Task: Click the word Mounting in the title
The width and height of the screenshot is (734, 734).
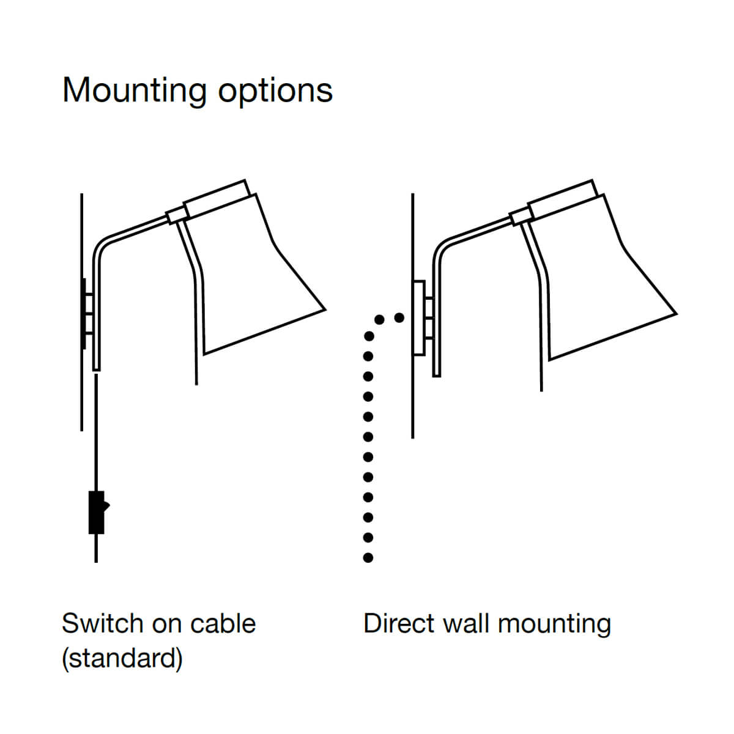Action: [135, 91]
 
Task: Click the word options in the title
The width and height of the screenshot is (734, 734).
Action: [275, 91]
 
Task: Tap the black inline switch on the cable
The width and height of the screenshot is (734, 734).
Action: [97, 513]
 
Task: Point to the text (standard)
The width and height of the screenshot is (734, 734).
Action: [122, 658]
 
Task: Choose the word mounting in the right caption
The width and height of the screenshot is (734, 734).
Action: [554, 624]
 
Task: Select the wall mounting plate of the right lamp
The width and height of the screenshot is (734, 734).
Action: [419, 317]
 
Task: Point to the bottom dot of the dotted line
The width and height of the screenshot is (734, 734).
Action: [368, 557]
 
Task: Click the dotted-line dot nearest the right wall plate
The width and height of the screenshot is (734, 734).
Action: [399, 317]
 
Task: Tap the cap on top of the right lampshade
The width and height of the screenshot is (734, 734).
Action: [562, 198]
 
